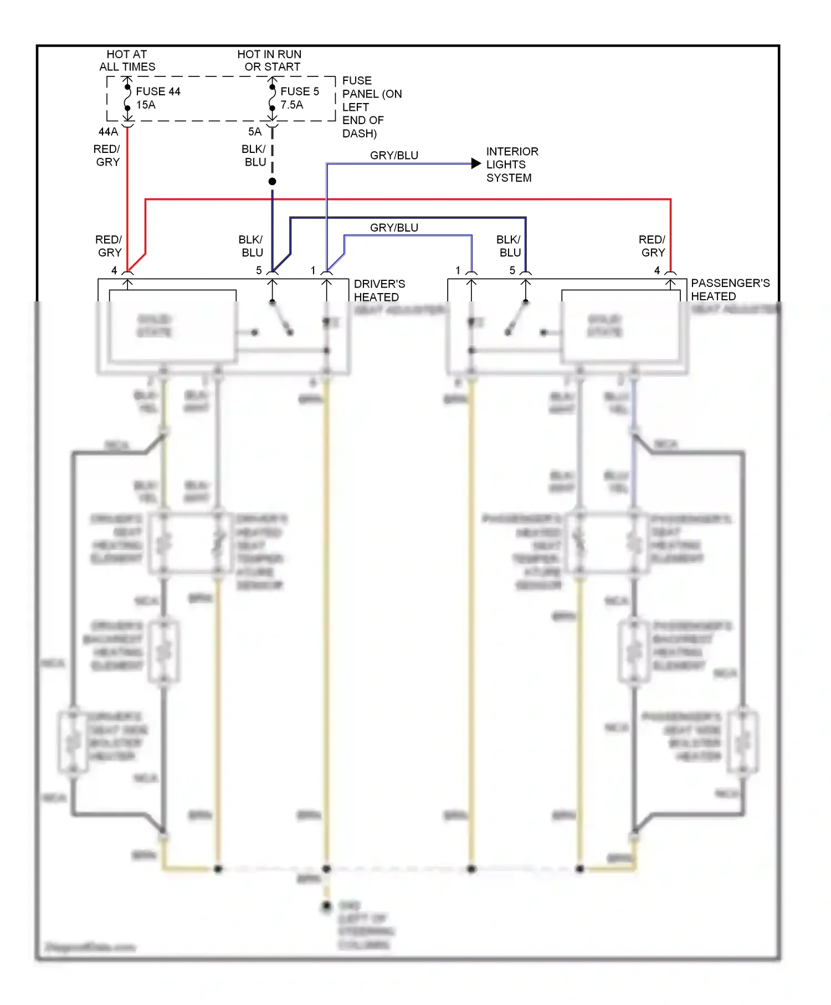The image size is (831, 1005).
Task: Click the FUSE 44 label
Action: [x=158, y=91]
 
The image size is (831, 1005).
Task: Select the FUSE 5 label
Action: [x=299, y=91]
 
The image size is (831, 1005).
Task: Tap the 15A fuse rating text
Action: [x=146, y=105]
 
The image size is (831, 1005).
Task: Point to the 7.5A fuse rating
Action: [x=291, y=105]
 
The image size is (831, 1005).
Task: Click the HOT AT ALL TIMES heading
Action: [x=127, y=60]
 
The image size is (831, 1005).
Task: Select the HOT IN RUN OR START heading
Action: [x=270, y=60]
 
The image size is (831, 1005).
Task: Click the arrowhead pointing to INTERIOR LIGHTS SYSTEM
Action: [x=476, y=163]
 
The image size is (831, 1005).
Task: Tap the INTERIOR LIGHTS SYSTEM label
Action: [x=511, y=165]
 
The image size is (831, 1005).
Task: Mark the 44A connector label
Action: [x=108, y=132]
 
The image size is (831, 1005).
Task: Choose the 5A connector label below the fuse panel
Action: [x=254, y=132]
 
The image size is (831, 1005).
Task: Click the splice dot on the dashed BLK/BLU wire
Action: [x=272, y=182]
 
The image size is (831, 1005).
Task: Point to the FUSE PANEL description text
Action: [x=371, y=107]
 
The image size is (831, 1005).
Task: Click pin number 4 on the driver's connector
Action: [x=114, y=270]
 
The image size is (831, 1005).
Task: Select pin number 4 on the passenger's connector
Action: [x=657, y=270]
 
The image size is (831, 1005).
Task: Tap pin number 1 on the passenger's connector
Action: [x=458, y=270]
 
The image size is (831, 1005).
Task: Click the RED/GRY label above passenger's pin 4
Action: [x=652, y=246]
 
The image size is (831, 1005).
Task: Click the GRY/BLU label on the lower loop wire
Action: [x=394, y=228]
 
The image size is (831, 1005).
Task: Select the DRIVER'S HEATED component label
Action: [x=379, y=290]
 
